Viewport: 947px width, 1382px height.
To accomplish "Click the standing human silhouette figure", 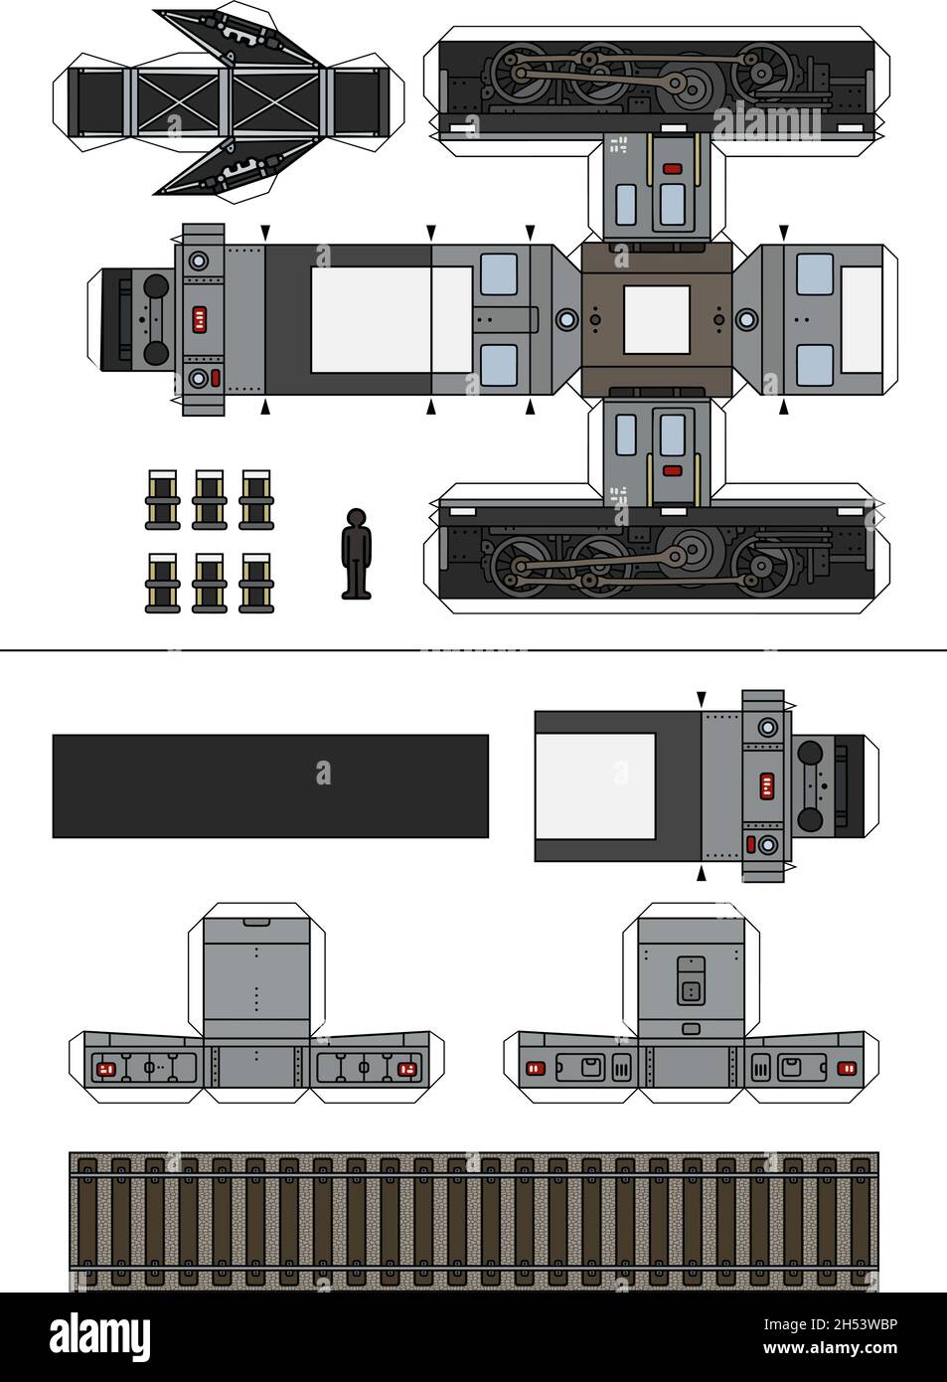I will click(x=356, y=555).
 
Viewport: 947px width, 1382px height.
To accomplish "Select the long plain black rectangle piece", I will click(x=270, y=785).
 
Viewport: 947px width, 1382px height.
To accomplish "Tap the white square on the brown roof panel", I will click(x=656, y=319).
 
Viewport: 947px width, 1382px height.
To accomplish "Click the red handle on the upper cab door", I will click(x=673, y=169).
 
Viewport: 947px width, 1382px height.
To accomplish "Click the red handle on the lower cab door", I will click(x=672, y=469).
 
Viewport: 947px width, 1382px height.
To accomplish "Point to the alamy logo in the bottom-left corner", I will click(x=99, y=1337).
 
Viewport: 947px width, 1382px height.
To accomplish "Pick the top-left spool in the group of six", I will click(x=163, y=499).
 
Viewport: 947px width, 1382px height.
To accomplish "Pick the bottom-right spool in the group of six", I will click(x=256, y=583).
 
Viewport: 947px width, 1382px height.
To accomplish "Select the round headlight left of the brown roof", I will click(x=566, y=319).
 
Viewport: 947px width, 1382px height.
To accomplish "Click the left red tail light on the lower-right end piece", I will click(x=535, y=1069).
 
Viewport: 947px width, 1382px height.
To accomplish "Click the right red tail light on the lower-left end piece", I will click(x=405, y=1069).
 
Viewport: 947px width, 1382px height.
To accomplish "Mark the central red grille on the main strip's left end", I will click(x=200, y=319).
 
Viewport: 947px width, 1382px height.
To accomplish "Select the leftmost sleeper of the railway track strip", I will click(x=86, y=1221).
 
